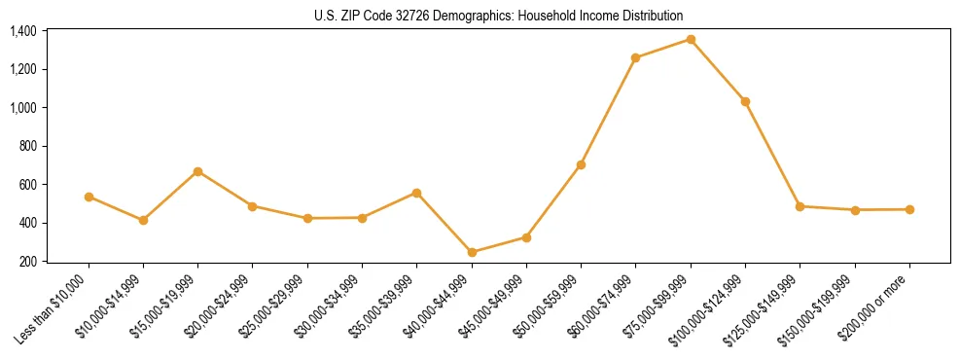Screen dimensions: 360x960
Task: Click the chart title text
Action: [499, 16]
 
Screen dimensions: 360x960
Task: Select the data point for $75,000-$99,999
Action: [691, 39]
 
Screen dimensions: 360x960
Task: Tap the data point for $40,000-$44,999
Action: [472, 252]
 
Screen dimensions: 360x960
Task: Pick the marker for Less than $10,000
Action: [89, 197]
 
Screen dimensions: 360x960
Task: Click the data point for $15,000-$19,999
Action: [198, 171]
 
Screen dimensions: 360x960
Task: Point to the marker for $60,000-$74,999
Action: [636, 57]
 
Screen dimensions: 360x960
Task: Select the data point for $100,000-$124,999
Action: [745, 101]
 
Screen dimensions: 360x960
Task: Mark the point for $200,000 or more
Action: [909, 209]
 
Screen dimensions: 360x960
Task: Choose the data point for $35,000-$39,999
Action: [417, 193]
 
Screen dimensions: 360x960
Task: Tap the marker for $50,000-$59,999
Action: [581, 164]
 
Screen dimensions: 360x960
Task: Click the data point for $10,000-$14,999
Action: [143, 220]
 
